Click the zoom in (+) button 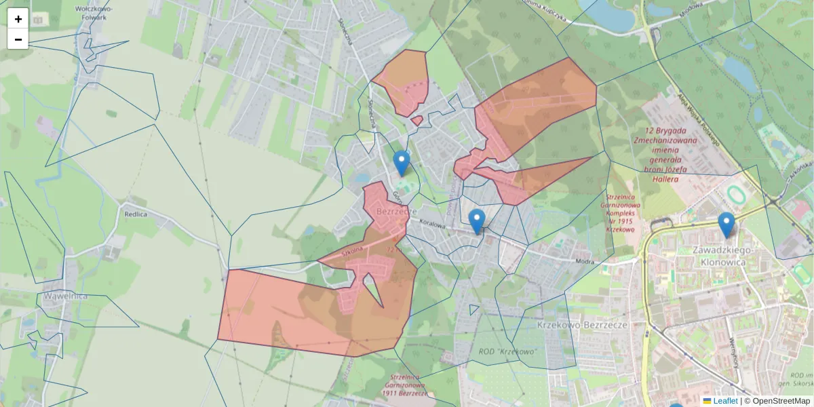18,19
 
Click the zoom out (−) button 18,39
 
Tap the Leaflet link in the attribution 724,401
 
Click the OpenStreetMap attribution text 781,401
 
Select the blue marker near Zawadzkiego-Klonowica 726,225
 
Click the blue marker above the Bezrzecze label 402,163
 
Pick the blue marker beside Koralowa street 477,221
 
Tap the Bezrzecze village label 395,212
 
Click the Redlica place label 136,214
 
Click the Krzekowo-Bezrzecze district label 581,326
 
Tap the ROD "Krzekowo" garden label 507,351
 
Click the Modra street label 583,260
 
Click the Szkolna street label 353,250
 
